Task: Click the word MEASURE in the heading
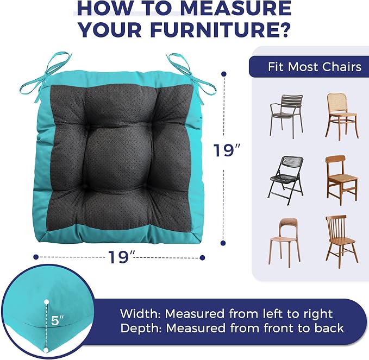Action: (x=236, y=9)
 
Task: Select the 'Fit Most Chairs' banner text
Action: (x=315, y=67)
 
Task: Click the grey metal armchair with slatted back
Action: (x=286, y=116)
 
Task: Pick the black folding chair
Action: (x=286, y=180)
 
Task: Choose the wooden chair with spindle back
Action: (x=342, y=242)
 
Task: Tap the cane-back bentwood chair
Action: (x=342, y=116)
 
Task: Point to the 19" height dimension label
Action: (x=227, y=150)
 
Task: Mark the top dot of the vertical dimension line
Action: (x=224, y=74)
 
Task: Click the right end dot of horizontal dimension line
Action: (x=202, y=258)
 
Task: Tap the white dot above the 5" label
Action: (x=47, y=302)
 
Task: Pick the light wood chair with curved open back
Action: (x=285, y=243)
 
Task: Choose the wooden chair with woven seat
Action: (x=342, y=180)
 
